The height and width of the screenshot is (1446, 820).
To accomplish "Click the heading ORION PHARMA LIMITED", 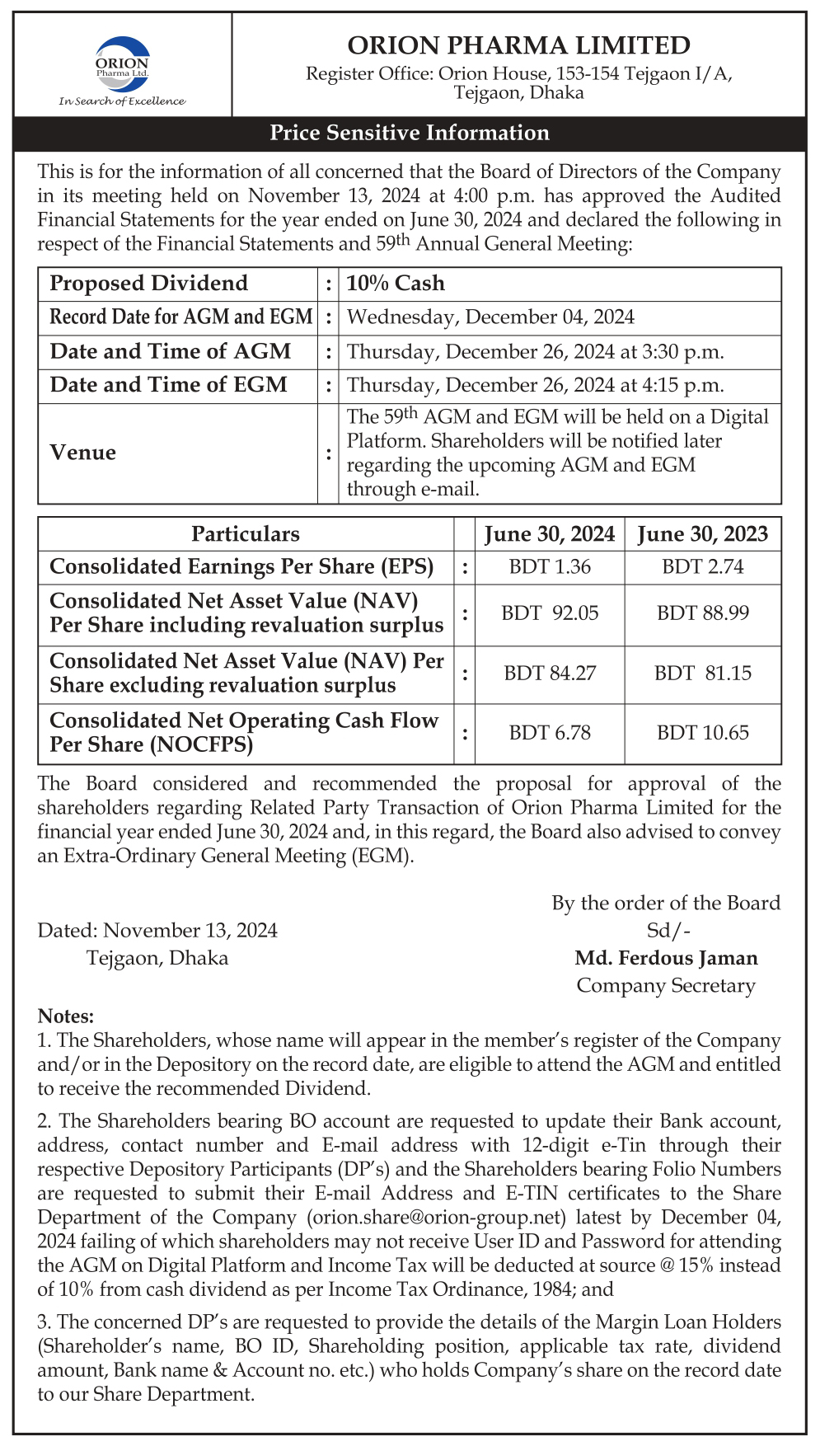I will point(518,45).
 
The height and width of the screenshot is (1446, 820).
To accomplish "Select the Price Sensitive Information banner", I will point(410,133).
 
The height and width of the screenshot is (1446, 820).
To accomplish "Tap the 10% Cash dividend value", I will point(396,284).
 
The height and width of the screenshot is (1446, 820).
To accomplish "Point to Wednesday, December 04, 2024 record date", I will point(490,317).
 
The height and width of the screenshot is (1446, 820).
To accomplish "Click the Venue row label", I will point(82,453).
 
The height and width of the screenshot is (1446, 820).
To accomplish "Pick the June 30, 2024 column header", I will point(550,534).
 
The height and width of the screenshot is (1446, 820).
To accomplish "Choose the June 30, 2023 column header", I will point(702,534).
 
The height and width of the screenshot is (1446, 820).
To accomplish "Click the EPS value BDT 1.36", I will point(550,567).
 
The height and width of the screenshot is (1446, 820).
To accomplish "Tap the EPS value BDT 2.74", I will point(702,567).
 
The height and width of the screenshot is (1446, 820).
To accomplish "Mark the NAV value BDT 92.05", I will point(550,613).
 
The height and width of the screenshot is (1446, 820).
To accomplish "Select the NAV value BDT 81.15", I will point(702,674).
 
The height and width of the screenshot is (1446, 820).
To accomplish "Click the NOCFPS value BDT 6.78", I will point(550,733).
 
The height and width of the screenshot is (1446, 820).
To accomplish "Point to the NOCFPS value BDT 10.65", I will point(702,733).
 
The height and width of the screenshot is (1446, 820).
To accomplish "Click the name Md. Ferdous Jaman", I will point(666,958).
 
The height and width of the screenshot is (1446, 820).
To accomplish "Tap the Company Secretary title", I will point(666,986).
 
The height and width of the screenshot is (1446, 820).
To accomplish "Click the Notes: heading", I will point(66,1016).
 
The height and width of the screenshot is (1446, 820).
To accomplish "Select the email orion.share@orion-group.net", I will point(436,1217).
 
